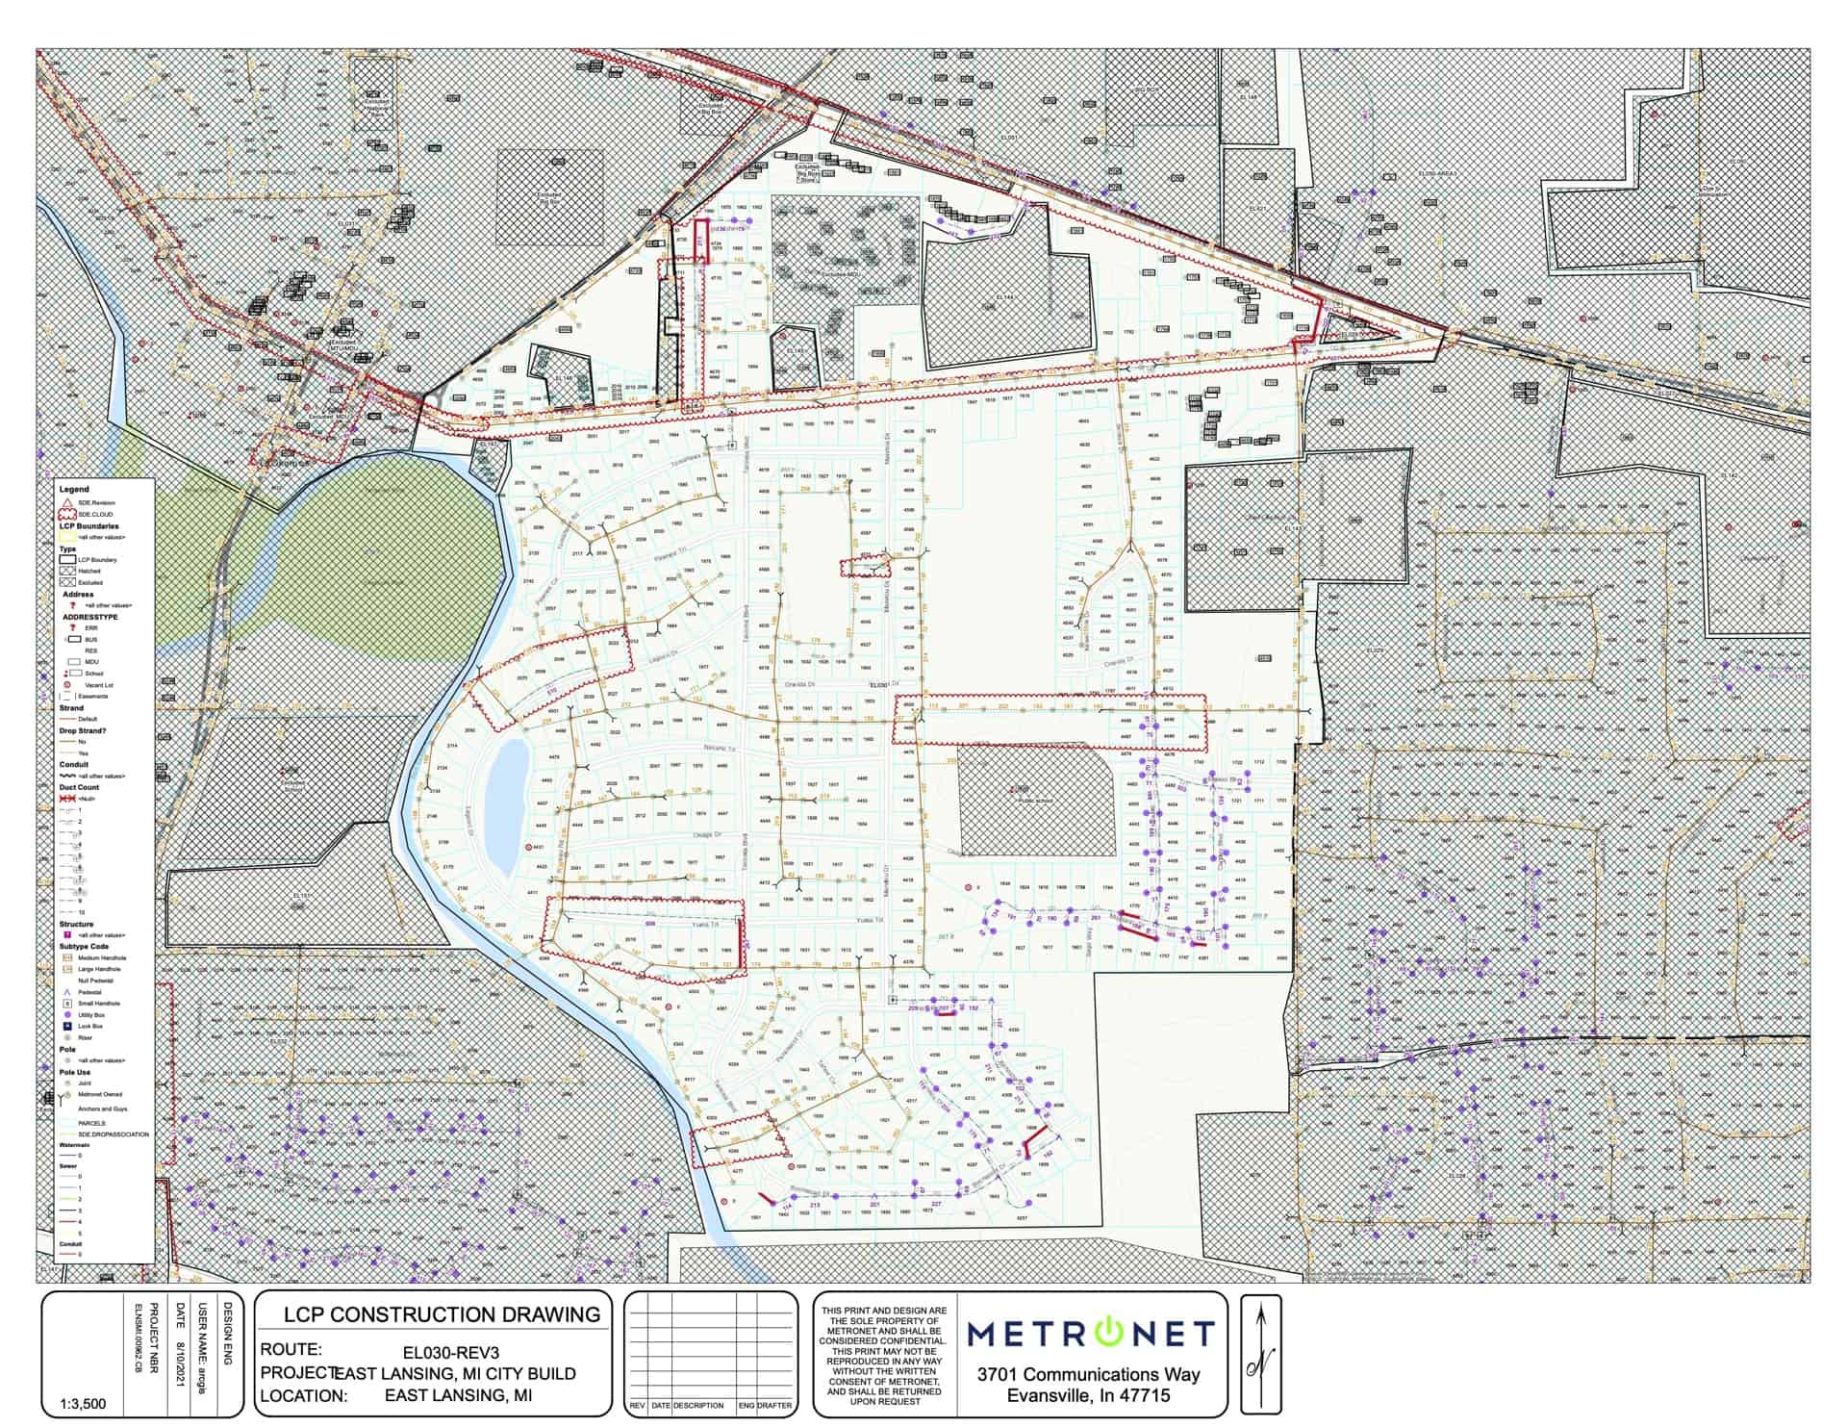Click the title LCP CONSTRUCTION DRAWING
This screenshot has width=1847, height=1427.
(442, 1315)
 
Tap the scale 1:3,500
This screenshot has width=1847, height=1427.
(83, 1404)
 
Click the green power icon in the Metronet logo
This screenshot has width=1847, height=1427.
(1108, 1333)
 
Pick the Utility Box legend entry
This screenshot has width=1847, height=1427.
(90, 1015)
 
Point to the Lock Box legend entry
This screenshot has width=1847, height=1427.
(90, 1027)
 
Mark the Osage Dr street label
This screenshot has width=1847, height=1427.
(704, 835)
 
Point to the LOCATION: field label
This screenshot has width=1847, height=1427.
(302, 1396)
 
